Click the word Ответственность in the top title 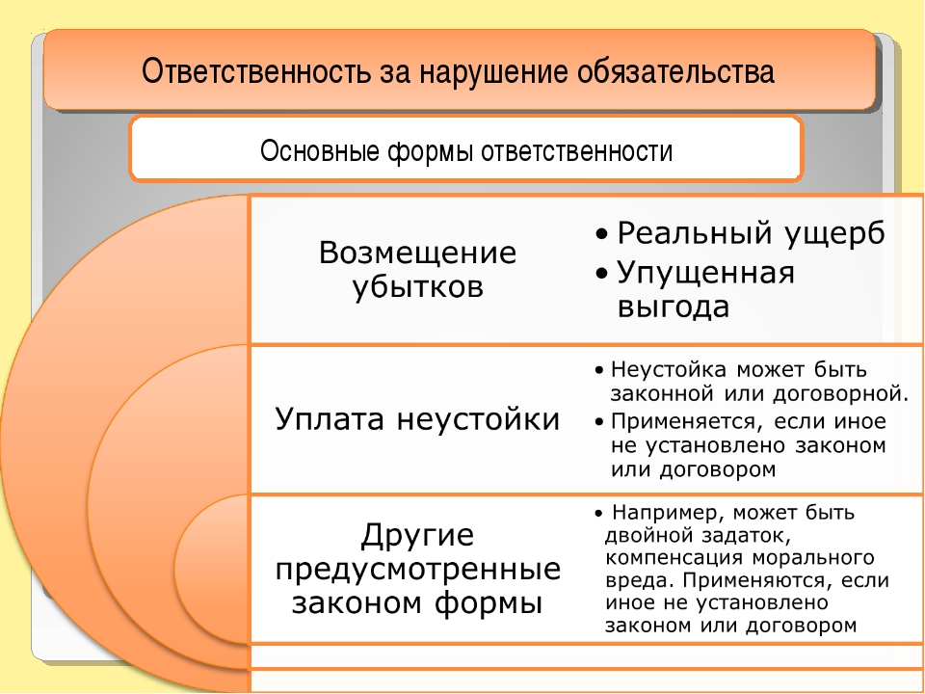[x=257, y=71]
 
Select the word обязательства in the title [x=675, y=71]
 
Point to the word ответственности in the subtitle [x=576, y=151]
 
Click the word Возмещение [x=417, y=254]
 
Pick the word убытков [x=417, y=288]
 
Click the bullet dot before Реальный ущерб [x=601, y=234]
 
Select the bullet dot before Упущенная [x=601, y=273]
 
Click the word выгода [x=674, y=307]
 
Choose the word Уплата [x=330, y=420]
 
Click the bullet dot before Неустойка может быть [x=599, y=370]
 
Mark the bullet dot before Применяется [x=599, y=421]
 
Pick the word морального [x=813, y=558]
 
